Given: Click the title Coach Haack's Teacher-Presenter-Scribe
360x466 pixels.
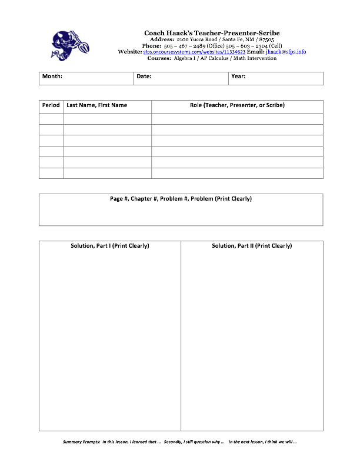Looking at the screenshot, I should coord(212,33).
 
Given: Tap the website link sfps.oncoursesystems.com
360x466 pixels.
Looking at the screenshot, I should coord(194,52).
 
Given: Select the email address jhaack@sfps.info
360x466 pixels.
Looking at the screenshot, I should coord(286,52).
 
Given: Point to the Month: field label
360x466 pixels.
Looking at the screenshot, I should coord(52,76).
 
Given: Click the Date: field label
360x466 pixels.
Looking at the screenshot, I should coord(144,76).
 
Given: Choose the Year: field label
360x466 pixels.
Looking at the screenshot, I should coord(238,76).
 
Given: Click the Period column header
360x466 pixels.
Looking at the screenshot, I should coord(51,105).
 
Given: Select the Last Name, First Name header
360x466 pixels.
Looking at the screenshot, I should coord(97,105).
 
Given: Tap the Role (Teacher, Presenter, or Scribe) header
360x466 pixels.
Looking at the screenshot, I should coord(237,105).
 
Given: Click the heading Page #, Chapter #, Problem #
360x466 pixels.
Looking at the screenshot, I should coord(181,199).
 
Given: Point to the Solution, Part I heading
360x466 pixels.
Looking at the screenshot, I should coord(110,246).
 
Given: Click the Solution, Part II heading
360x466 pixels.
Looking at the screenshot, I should coord(252,246).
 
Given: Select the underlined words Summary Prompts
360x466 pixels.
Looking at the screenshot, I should coord(81,442).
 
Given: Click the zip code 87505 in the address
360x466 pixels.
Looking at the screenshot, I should coord(266,39).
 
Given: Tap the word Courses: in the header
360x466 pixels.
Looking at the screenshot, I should coord(159,58).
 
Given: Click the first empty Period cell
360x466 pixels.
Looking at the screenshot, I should coord(51,119).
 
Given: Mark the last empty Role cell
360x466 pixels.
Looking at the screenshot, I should coord(237,173).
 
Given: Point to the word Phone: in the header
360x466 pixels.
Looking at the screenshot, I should coord(152,46).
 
